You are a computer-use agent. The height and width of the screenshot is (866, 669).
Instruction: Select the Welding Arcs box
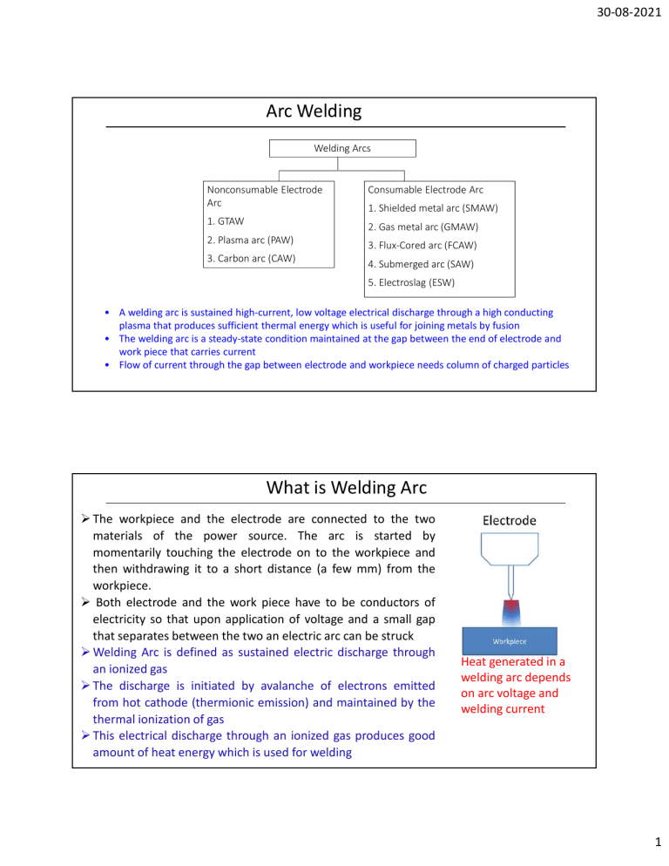click(341, 148)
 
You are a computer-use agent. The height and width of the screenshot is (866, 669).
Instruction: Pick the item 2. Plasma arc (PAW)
click(249, 240)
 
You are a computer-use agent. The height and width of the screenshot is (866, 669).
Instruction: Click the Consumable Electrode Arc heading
click(425, 188)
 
